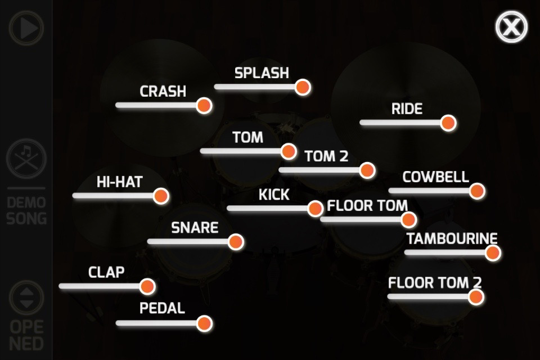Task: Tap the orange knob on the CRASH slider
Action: coord(204,105)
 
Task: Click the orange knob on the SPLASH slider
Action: coord(303,87)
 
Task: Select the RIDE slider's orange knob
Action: coord(448,123)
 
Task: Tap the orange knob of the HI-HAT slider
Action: coord(161,196)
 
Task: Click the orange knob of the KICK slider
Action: coord(316,209)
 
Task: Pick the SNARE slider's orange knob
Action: coord(236,242)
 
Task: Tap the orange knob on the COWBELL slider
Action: coord(476,191)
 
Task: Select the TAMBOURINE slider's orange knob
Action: coord(493,253)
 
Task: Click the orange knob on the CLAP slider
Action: coord(147,286)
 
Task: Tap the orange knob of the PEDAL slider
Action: coord(204,323)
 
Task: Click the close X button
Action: coord(511,26)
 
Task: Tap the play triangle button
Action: coord(26,28)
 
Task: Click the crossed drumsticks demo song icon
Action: coord(26,158)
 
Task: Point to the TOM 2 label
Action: coord(326,156)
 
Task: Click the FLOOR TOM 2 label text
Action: coord(434,282)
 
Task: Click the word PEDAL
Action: coord(162,308)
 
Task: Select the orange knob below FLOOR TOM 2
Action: coord(476,297)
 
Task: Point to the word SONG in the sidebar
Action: coord(26,218)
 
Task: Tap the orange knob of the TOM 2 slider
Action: coord(367,170)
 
